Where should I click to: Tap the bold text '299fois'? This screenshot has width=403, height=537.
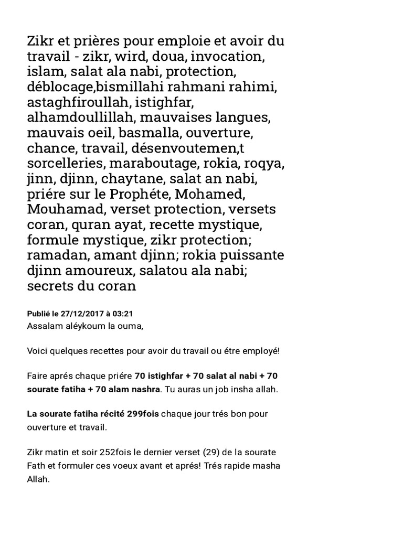(143, 414)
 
